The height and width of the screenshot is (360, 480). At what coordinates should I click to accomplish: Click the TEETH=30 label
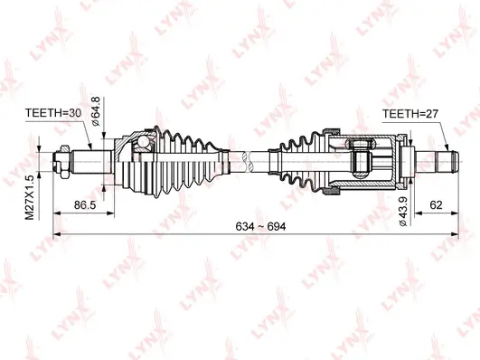pos(53,113)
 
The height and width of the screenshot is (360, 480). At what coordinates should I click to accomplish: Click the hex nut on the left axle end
pos(62,164)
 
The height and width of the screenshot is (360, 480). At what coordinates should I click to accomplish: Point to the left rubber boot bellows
pos(185,163)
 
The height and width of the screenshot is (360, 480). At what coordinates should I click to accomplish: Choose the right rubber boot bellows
pos(299,162)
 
